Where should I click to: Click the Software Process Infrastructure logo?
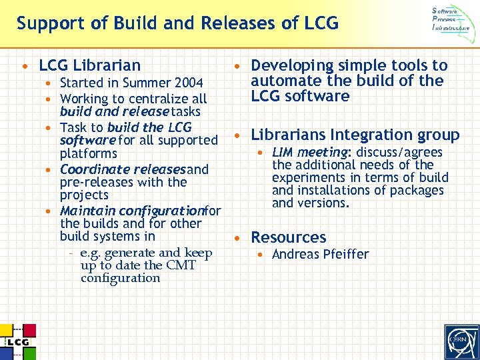455,20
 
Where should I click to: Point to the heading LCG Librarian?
90,65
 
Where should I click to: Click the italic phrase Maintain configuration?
131,211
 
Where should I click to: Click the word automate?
282,81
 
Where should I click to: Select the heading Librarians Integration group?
355,135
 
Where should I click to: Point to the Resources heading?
288,237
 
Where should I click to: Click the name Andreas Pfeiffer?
320,254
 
